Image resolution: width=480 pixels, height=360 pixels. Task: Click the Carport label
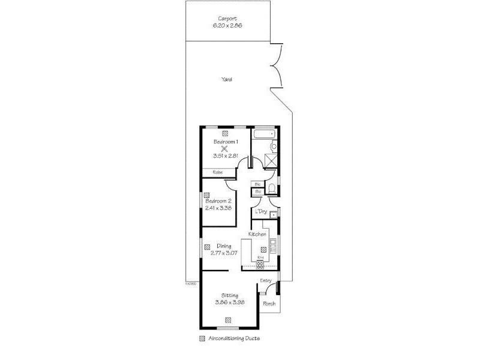226,19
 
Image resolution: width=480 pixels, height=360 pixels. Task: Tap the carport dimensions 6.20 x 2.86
226,26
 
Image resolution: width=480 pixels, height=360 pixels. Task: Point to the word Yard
226,79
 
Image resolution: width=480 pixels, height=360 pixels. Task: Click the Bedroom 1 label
226,142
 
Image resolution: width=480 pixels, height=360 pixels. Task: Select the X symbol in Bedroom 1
225,149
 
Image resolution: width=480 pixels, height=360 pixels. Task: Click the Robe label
218,173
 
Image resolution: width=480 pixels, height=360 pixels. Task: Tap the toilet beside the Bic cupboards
271,190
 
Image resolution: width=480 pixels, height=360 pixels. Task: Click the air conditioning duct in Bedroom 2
206,194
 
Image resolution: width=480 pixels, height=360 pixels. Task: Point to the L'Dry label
260,212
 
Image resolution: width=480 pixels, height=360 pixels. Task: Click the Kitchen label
257,233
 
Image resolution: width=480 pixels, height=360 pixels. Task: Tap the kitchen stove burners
260,264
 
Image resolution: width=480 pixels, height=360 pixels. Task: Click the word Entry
266,280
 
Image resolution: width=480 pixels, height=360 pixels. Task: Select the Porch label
269,304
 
